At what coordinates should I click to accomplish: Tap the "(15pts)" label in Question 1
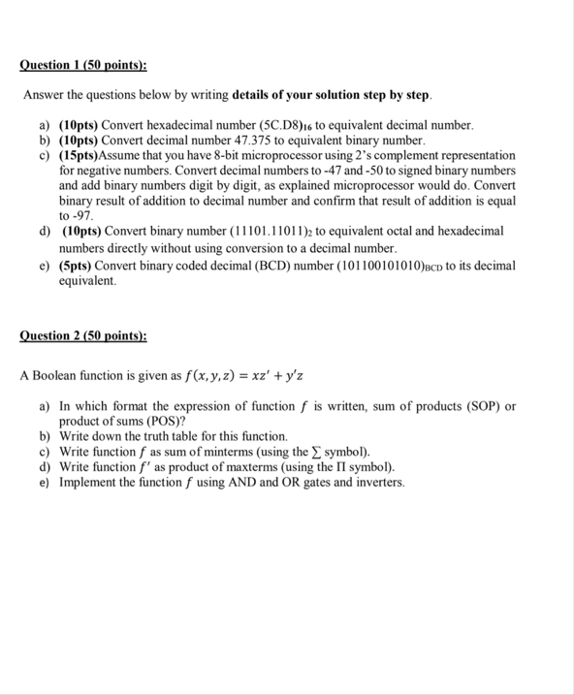pyautogui.click(x=80, y=155)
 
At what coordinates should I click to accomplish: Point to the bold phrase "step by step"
pyautogui.click(x=396, y=96)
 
